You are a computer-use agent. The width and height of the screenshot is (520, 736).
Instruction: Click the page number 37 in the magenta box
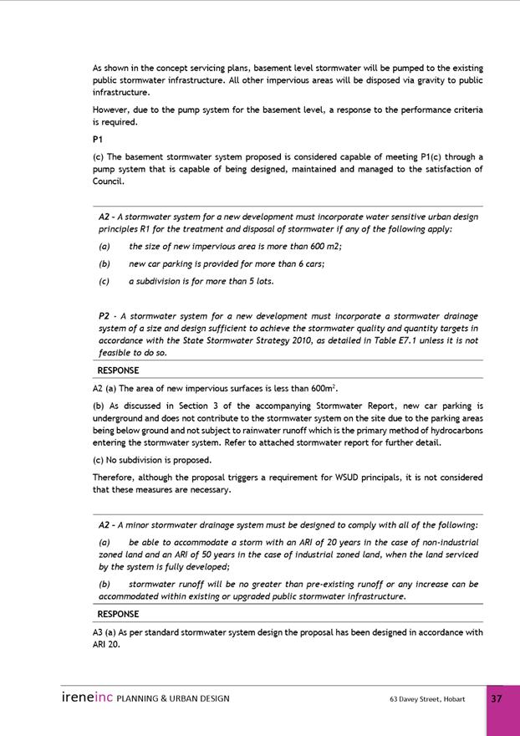pos(497,698)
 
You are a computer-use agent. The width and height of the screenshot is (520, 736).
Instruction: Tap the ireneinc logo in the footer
pos(87,698)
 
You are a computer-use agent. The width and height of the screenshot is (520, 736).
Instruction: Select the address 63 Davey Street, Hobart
pos(426,698)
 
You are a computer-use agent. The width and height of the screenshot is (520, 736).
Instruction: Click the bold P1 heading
pos(98,140)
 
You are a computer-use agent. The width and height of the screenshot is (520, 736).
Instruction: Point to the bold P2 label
pos(105,317)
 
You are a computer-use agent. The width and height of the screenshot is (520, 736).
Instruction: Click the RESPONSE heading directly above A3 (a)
pos(118,614)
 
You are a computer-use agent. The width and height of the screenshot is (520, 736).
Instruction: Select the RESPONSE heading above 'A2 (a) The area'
pos(118,371)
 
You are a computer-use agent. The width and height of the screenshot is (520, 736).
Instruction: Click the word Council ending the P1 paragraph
pos(108,181)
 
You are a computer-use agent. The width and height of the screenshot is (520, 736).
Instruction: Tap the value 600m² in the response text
pos(323,388)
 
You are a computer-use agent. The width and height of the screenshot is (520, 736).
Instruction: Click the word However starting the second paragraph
pos(110,110)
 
